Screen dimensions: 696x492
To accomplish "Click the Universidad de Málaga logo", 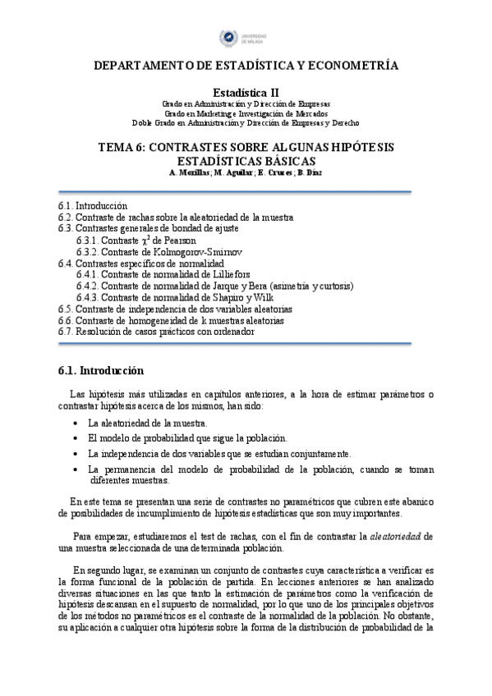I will click(245, 36).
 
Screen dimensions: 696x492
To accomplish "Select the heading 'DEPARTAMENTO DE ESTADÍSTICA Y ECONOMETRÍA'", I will click(246, 66).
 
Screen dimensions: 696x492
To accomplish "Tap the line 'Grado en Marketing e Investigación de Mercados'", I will click(246, 114).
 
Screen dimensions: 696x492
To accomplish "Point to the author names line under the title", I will click(246, 173).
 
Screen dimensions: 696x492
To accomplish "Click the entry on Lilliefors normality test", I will click(163, 274).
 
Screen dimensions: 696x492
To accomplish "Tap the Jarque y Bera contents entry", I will click(214, 286).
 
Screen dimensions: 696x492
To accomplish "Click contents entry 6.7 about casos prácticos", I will click(156, 332).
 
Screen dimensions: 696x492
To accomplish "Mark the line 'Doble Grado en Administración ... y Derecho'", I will click(246, 123).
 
